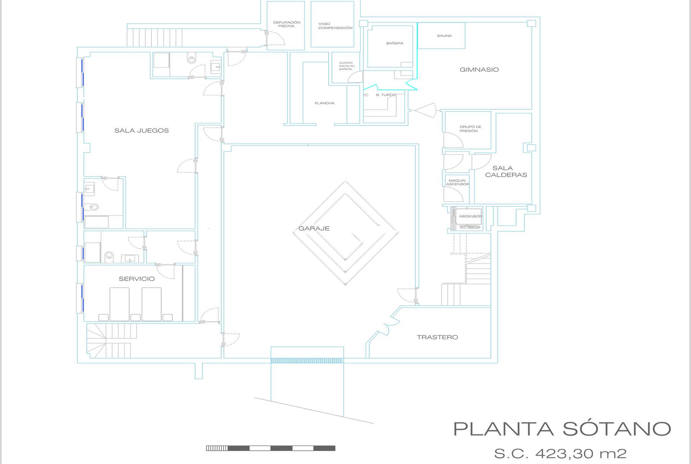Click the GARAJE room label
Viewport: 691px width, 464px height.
click(x=314, y=228)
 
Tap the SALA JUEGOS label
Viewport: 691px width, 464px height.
click(x=141, y=131)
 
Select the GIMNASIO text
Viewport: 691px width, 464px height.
click(x=479, y=70)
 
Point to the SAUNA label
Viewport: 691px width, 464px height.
click(x=444, y=36)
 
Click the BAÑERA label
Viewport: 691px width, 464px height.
click(x=394, y=43)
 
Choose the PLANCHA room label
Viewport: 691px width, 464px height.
click(x=324, y=103)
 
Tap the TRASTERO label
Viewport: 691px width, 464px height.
click(x=437, y=337)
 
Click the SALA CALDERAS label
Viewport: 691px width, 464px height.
click(x=506, y=172)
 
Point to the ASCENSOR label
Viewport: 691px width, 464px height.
click(x=470, y=216)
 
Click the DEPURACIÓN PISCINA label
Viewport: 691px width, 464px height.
click(x=286, y=24)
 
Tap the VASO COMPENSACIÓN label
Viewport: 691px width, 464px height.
click(x=335, y=26)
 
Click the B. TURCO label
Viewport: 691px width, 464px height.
click(x=385, y=95)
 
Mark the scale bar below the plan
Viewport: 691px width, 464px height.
click(x=271, y=448)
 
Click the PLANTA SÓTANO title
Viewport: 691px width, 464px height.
click(x=562, y=429)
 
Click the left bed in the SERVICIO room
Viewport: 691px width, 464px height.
click(x=119, y=304)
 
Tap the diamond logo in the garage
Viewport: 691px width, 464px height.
click(x=345, y=233)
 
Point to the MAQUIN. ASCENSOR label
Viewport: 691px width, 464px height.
click(x=457, y=182)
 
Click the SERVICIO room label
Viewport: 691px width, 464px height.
click(x=137, y=279)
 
